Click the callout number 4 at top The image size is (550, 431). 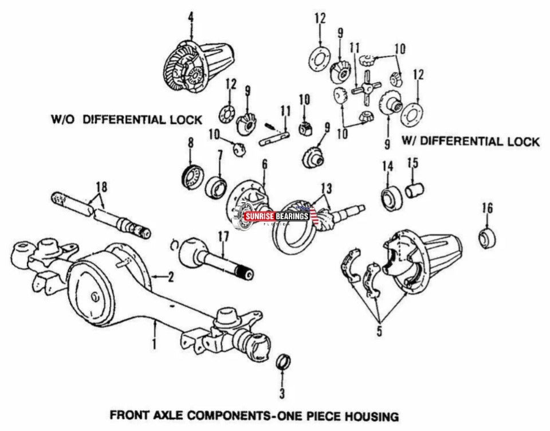point(191,17)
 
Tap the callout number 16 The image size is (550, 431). point(487,207)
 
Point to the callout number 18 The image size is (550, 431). point(101,186)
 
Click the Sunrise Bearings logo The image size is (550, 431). point(277,217)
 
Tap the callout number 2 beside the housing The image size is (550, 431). point(170,278)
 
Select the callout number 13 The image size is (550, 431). point(326,187)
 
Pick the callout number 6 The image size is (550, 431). point(264,163)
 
